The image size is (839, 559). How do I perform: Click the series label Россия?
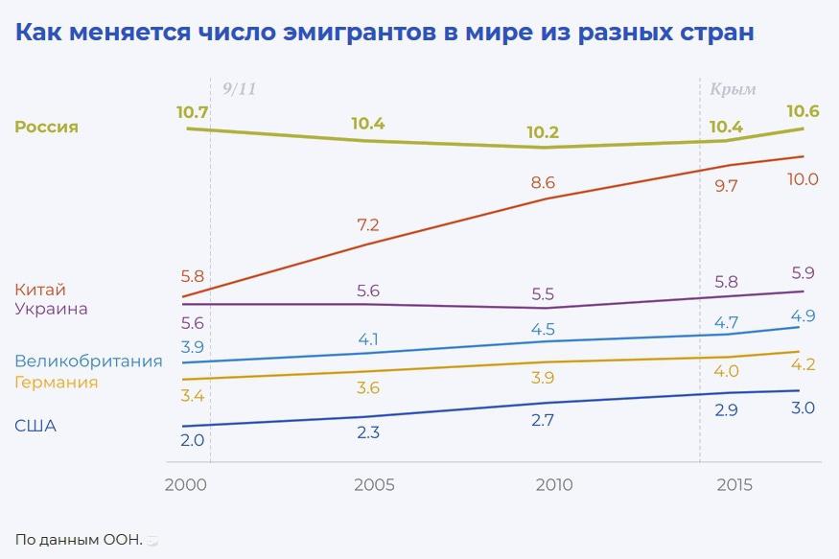(46, 128)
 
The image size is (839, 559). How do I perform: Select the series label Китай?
(40, 290)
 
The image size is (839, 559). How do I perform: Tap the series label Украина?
(51, 309)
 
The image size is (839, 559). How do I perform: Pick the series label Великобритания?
(88, 361)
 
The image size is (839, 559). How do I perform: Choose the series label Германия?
(56, 382)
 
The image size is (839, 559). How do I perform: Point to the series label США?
(35, 426)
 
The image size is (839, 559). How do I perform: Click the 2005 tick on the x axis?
(374, 485)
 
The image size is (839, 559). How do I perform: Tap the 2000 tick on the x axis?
(186, 485)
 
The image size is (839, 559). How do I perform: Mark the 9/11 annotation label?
(239, 89)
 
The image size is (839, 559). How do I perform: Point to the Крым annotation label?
(733, 89)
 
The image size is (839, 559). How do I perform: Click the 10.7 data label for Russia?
(192, 112)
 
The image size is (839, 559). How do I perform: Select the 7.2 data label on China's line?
(368, 225)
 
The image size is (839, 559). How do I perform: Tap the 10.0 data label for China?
(801, 179)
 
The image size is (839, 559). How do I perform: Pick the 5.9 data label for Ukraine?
(804, 271)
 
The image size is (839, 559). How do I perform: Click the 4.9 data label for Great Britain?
(804, 316)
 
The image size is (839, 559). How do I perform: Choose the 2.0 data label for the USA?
(193, 441)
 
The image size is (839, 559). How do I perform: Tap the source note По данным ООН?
(79, 540)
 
